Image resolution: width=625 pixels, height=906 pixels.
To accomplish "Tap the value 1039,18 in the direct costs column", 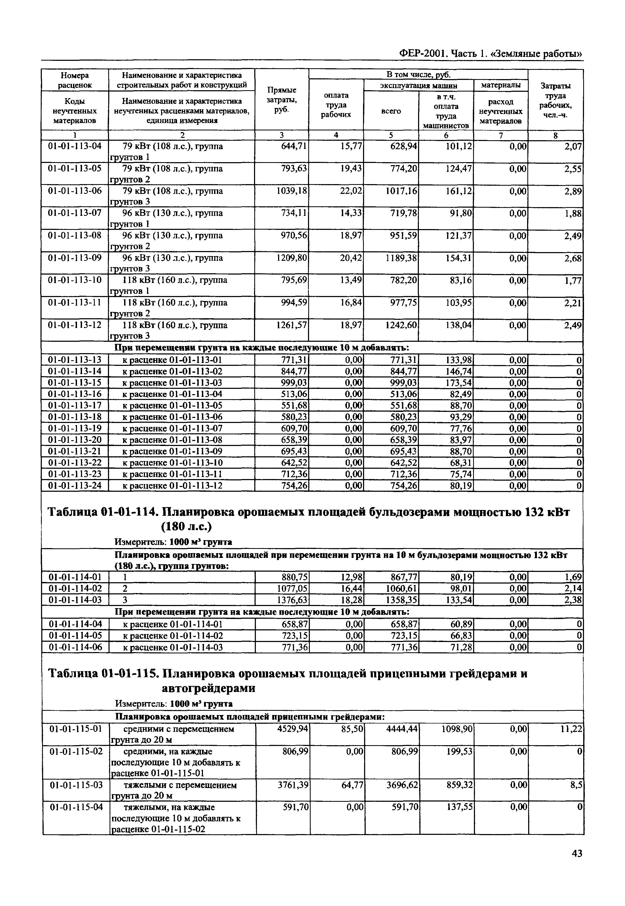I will [292, 191].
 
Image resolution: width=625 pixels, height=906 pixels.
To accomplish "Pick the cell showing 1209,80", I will [292, 258].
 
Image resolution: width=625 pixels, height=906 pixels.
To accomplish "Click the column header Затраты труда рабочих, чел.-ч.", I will [555, 100].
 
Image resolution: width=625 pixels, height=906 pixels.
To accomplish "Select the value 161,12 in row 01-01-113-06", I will [459, 191].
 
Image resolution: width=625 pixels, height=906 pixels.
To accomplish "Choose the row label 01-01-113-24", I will [74, 485].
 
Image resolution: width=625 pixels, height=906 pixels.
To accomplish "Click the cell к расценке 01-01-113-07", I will [173, 428].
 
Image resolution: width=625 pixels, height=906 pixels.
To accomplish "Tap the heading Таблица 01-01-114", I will [103, 512].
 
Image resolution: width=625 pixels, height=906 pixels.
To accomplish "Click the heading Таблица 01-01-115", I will [103, 674].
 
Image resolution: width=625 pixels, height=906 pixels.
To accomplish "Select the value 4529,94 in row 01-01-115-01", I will [293, 729].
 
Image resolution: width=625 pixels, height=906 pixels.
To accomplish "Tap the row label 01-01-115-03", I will [76, 785].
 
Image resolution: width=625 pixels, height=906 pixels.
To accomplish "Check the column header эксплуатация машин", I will [419, 85].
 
